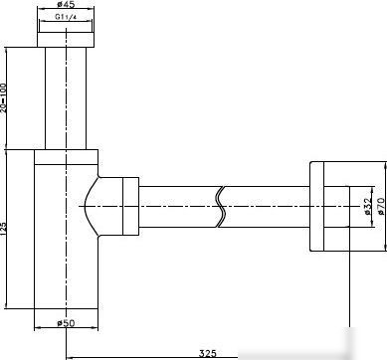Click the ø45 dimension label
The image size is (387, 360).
[66, 4]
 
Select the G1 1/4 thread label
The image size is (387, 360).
[66, 17]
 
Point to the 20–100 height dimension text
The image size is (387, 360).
[3, 97]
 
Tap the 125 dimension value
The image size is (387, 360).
[3, 229]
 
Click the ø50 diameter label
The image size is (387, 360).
[66, 322]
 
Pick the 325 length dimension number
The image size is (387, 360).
[207, 353]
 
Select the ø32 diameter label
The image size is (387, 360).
[366, 206]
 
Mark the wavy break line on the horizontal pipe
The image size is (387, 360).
[221, 207]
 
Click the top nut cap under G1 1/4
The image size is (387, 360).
[66, 40]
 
